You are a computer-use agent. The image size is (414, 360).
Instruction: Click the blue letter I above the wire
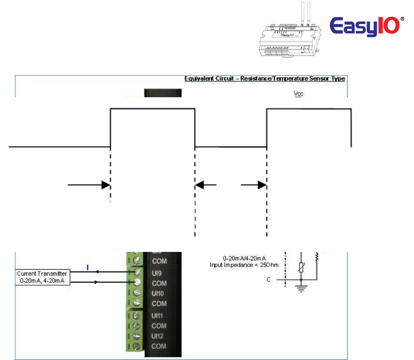(x=88, y=266)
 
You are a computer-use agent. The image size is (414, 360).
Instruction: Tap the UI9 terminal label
(x=157, y=272)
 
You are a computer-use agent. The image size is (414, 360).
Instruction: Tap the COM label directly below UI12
(x=159, y=346)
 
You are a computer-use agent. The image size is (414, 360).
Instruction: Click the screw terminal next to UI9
(x=138, y=272)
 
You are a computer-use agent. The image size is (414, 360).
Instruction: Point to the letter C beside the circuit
(x=268, y=279)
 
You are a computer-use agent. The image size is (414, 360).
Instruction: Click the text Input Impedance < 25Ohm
(x=244, y=265)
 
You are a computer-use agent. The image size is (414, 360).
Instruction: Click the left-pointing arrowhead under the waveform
(x=200, y=185)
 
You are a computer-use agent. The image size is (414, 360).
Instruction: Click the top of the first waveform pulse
(x=153, y=108)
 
